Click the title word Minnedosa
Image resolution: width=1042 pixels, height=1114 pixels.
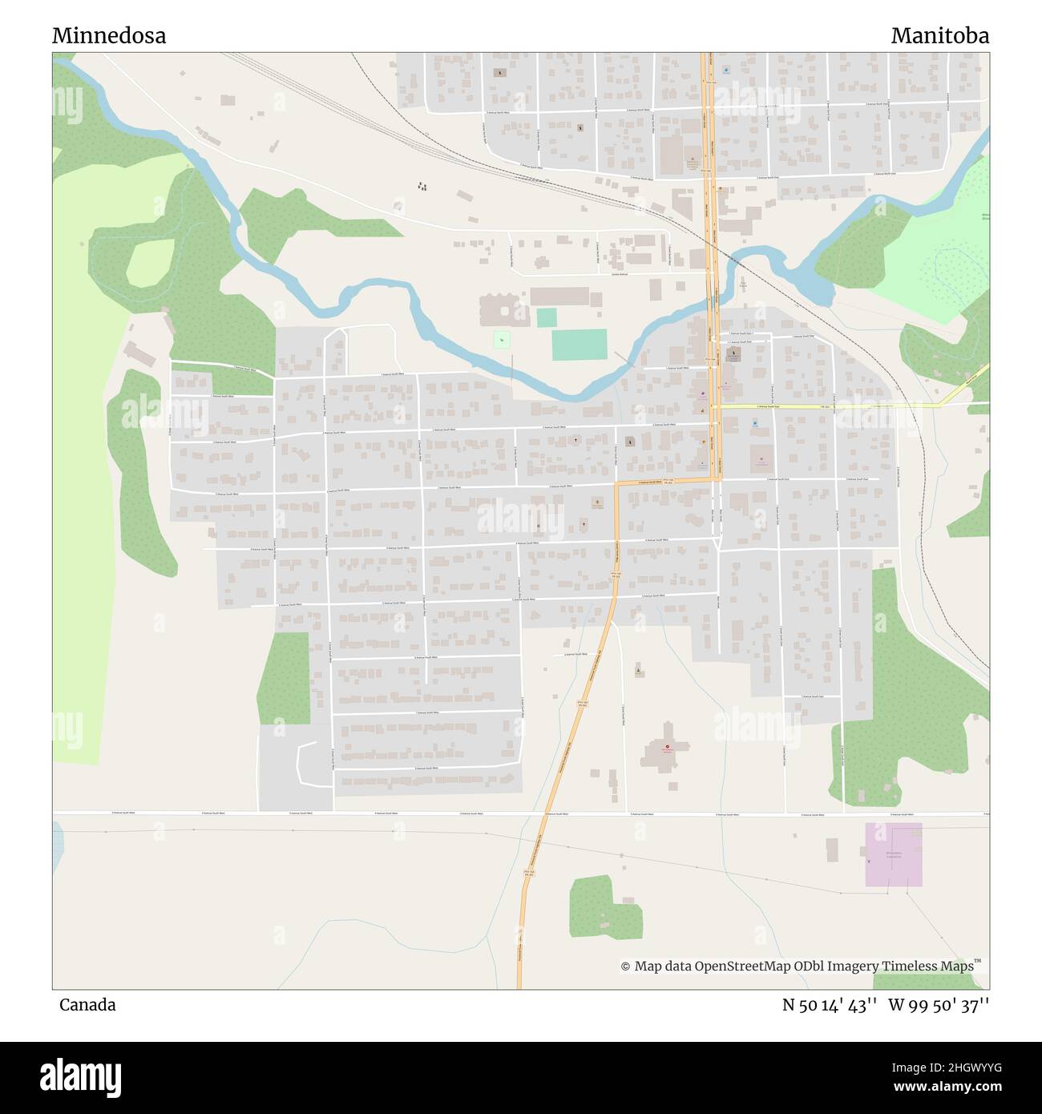(109, 35)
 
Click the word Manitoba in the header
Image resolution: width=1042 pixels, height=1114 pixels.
(939, 35)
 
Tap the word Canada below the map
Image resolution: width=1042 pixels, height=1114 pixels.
(87, 1005)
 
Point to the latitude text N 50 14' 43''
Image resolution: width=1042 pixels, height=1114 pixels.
(830, 1005)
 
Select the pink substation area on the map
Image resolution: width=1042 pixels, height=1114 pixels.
(893, 854)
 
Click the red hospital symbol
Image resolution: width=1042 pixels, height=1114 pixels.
(667, 746)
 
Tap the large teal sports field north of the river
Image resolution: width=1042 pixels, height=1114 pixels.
(579, 345)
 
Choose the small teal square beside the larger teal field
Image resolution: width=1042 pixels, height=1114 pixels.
(547, 317)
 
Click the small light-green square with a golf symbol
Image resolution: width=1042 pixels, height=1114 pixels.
(502, 340)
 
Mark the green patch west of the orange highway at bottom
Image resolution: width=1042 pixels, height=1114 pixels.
(603, 906)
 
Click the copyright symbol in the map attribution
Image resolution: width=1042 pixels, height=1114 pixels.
(625, 967)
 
